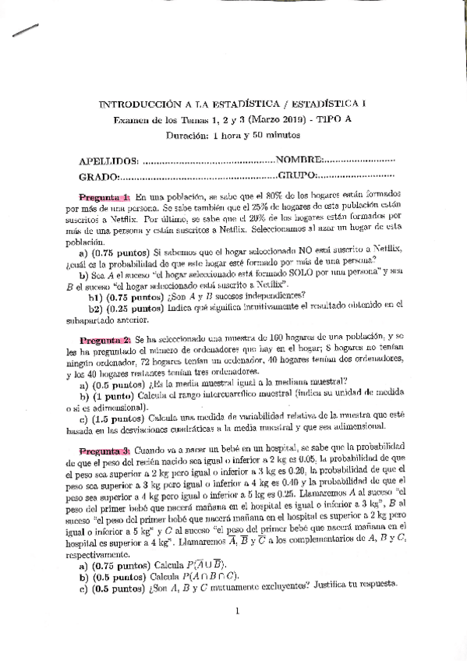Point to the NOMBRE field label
point(298,161)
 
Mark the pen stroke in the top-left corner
point(26,30)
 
